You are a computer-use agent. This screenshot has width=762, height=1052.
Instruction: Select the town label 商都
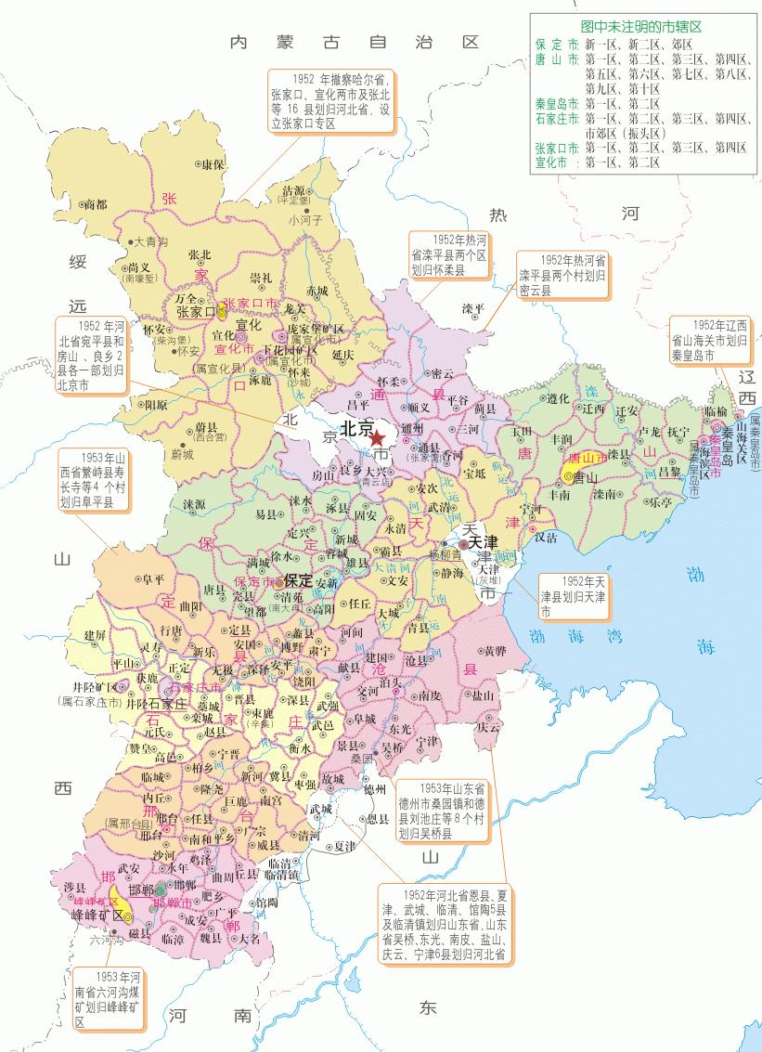[95, 203]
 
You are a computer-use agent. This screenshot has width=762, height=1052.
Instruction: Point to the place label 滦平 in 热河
[473, 308]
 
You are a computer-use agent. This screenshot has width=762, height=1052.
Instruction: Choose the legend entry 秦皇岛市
[557, 105]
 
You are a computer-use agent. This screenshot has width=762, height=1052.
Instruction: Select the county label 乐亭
[660, 502]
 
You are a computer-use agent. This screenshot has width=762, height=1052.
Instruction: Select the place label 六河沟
[108, 940]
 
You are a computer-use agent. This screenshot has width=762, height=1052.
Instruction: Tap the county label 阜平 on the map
[141, 579]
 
